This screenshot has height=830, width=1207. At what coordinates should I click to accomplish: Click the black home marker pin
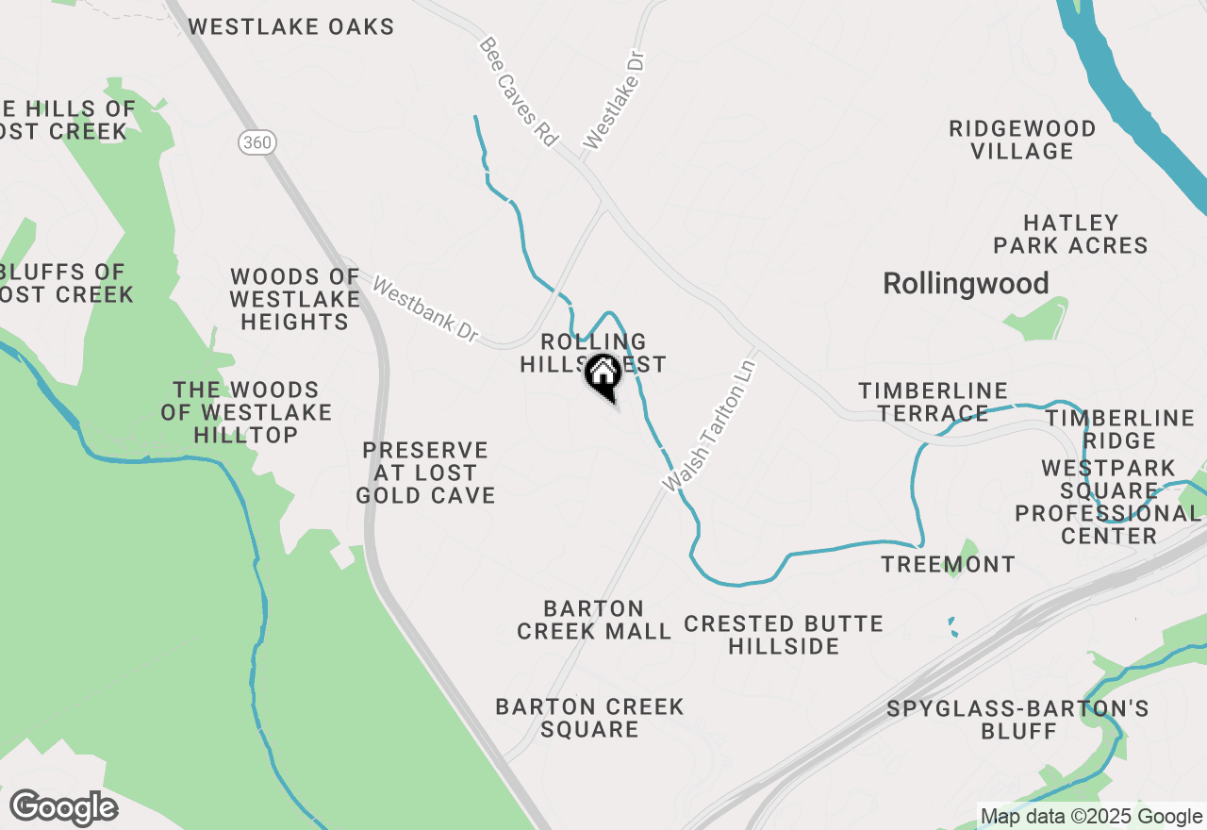click(x=603, y=375)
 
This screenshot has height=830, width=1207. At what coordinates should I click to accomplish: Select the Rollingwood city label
click(x=966, y=284)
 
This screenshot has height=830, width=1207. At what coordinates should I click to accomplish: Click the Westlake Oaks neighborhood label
click(x=291, y=26)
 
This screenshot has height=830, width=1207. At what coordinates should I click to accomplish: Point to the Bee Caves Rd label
click(x=519, y=91)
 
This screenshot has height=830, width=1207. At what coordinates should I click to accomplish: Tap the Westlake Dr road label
click(x=618, y=101)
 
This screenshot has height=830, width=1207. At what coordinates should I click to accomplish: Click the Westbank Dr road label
click(x=425, y=308)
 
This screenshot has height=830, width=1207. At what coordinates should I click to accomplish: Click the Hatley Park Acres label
click(x=1070, y=234)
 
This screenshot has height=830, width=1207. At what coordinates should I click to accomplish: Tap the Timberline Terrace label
click(x=933, y=402)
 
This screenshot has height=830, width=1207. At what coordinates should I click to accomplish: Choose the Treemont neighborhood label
click(x=948, y=565)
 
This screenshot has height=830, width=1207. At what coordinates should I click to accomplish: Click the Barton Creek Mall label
click(x=594, y=620)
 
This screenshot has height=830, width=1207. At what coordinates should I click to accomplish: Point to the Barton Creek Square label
click(x=589, y=718)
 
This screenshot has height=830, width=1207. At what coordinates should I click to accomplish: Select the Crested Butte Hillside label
click(x=784, y=635)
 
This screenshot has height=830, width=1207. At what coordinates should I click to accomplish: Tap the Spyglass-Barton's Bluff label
click(x=1018, y=720)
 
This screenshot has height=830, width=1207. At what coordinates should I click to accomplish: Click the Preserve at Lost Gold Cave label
click(x=425, y=473)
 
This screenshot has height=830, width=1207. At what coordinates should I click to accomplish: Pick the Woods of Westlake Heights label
click(x=294, y=299)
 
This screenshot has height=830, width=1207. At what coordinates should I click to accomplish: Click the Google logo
click(x=63, y=807)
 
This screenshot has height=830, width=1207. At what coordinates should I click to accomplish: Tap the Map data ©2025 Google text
click(x=1091, y=817)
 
